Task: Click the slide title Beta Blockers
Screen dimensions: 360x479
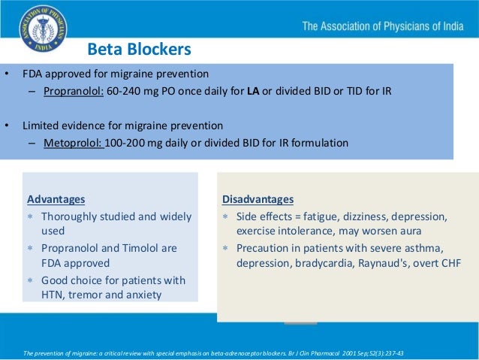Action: click(x=139, y=50)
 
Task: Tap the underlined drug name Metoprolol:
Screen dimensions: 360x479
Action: click(x=73, y=142)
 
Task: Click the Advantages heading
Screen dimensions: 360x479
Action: click(x=56, y=199)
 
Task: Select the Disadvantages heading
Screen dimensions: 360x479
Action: click(x=258, y=199)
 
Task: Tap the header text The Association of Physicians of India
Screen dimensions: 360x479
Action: click(x=385, y=28)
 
